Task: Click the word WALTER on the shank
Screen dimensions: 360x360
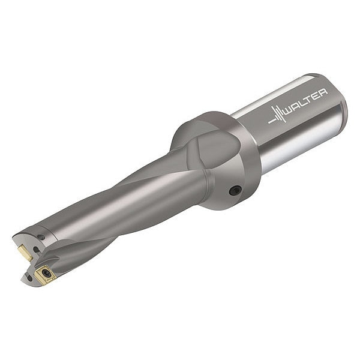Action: point(305,101)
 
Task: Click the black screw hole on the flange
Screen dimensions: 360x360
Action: point(235,190)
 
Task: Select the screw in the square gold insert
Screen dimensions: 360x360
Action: point(46,273)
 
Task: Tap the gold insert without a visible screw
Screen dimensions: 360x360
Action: point(25,253)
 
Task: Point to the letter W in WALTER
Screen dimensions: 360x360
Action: point(290,110)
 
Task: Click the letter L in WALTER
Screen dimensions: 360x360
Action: point(304,103)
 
